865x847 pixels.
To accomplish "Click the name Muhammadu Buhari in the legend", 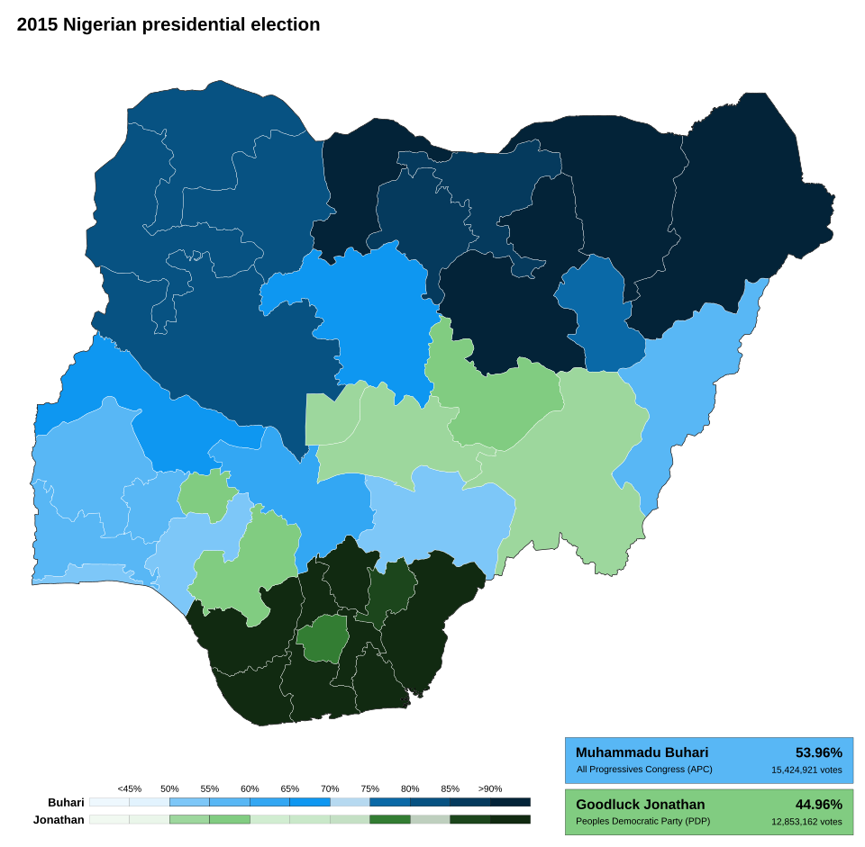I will point(642,752).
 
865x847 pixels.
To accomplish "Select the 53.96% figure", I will point(818,752).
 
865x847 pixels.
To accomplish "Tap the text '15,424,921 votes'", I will point(806,770).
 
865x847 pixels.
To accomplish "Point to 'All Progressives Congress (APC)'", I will point(643,770).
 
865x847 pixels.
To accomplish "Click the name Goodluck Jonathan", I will point(640,805).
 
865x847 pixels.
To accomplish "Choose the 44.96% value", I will point(818,805).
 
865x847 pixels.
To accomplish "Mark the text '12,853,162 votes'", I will point(806,822).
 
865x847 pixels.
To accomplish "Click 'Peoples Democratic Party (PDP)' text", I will point(642,822).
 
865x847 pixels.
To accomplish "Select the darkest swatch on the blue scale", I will point(510,801).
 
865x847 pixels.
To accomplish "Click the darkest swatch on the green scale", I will point(510,819).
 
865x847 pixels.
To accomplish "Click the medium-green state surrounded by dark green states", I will point(322,638).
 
